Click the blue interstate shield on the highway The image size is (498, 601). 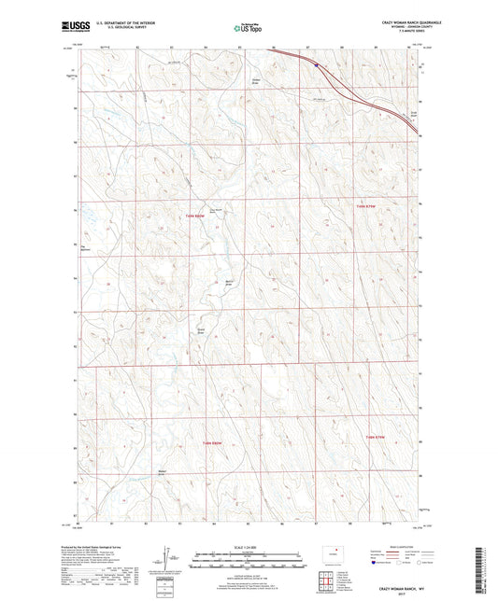point(317,65)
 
